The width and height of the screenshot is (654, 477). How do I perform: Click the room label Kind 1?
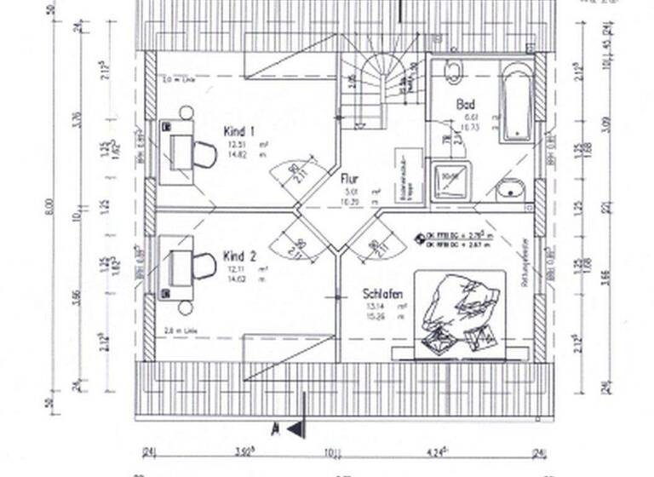pos(239,132)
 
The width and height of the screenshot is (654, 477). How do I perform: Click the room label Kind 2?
pos(239,256)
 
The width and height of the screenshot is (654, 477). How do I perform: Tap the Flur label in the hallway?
pos(349,179)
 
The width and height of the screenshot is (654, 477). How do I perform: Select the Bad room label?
pos(466,105)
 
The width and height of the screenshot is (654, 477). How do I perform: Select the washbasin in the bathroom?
pos(511,187)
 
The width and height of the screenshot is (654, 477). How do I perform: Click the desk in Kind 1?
pos(176,152)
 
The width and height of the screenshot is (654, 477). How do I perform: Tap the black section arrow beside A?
pos(295,429)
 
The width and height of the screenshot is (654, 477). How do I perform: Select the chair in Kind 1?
pos(204,154)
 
